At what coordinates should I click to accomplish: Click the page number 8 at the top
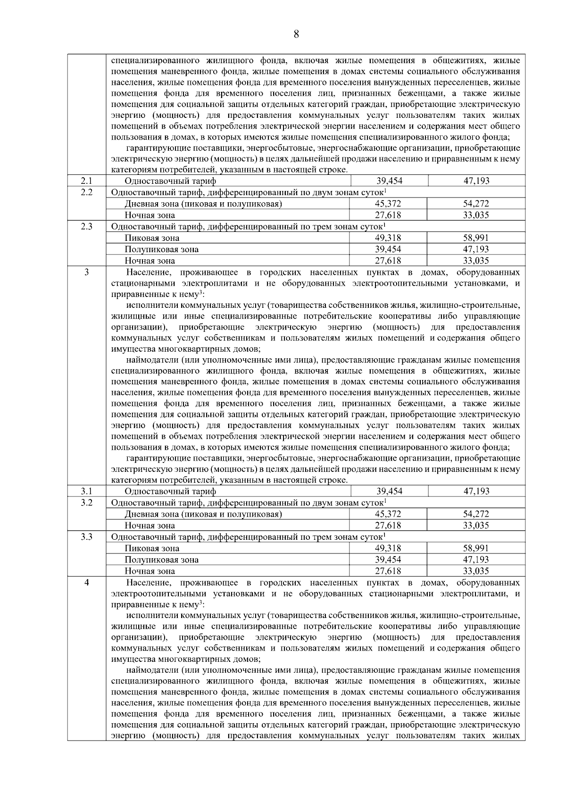click(x=296, y=34)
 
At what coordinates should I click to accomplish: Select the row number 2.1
click(x=86, y=181)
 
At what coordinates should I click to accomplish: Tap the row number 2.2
click(x=86, y=192)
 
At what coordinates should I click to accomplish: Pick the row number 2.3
click(x=86, y=226)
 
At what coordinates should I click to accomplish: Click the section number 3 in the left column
click(x=86, y=272)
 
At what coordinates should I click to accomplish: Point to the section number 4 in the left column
click(x=86, y=583)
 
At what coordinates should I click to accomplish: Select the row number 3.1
click(x=86, y=491)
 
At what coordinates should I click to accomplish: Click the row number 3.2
click(x=86, y=503)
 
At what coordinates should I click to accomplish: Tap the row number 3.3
click(x=86, y=537)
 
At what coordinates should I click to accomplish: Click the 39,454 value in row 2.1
click(x=389, y=181)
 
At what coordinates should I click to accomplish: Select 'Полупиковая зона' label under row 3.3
click(x=161, y=560)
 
